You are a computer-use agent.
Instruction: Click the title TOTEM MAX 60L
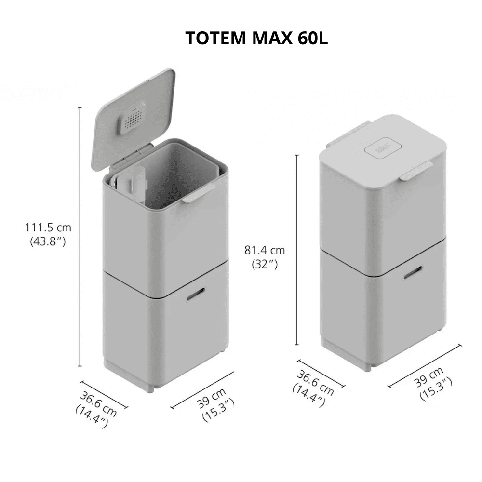pyautogui.click(x=256, y=39)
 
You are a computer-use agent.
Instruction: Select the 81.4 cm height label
pyautogui.click(x=265, y=250)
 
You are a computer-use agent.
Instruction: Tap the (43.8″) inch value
pyautogui.click(x=48, y=241)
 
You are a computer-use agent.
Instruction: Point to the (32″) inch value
pyautogui.click(x=265, y=264)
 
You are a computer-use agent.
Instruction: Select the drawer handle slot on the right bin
pyautogui.click(x=412, y=276)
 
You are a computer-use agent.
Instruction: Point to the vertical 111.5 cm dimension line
pyautogui.click(x=80, y=236)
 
